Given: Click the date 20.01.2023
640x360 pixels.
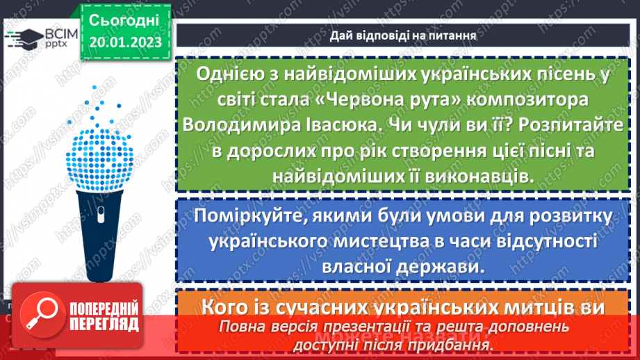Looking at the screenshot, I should tap(125, 42).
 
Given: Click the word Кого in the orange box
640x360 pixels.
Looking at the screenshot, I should tap(227, 307).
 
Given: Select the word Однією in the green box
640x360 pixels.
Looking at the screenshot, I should tap(227, 72).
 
